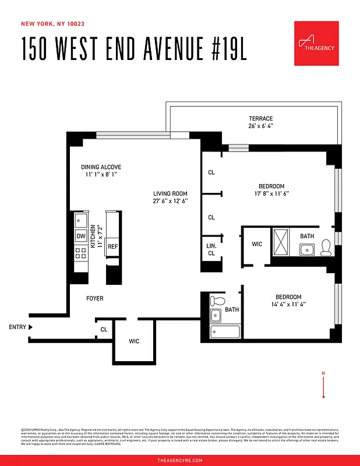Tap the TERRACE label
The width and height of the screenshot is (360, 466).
point(260,119)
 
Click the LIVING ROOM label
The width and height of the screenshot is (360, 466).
point(170,193)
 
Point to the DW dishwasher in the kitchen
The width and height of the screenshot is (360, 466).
point(81,236)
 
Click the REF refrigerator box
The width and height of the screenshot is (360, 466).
point(112,246)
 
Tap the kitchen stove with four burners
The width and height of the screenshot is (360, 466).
point(81,253)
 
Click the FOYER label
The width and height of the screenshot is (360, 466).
point(94,298)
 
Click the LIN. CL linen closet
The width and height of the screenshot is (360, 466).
point(211,250)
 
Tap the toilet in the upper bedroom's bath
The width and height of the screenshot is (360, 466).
point(327,247)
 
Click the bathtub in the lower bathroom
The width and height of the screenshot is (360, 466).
point(225,333)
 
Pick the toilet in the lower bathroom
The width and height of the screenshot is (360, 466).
point(218,301)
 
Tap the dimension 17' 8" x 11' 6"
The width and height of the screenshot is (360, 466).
point(271,193)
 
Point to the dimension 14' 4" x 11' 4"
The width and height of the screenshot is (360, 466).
point(288,304)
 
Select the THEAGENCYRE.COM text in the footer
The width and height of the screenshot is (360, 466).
point(180,460)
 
